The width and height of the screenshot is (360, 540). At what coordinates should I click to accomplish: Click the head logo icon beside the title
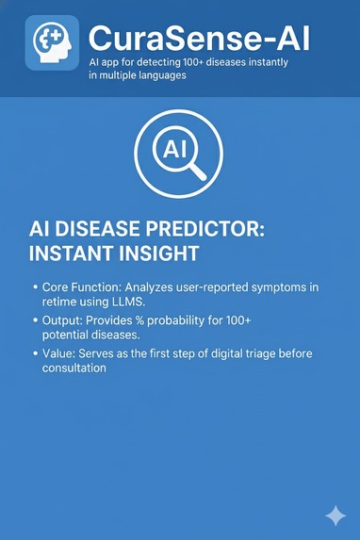click(52, 43)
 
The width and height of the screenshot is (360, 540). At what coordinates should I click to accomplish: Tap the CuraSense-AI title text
click(198, 39)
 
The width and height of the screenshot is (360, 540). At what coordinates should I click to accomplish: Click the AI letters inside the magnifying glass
click(175, 150)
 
